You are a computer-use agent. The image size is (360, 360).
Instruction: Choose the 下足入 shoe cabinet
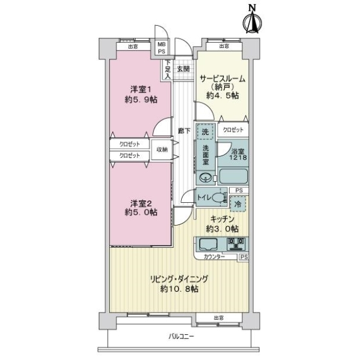(169, 70)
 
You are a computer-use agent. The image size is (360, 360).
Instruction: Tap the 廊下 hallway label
(183, 130)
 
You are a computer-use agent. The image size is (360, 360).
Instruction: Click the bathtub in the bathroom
(233, 177)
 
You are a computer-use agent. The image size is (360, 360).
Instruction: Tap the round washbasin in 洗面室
(206, 177)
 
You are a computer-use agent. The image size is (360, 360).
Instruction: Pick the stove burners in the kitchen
(237, 244)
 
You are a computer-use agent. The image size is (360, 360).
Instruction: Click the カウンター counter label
(214, 257)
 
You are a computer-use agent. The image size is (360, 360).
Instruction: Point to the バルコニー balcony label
(181, 337)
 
